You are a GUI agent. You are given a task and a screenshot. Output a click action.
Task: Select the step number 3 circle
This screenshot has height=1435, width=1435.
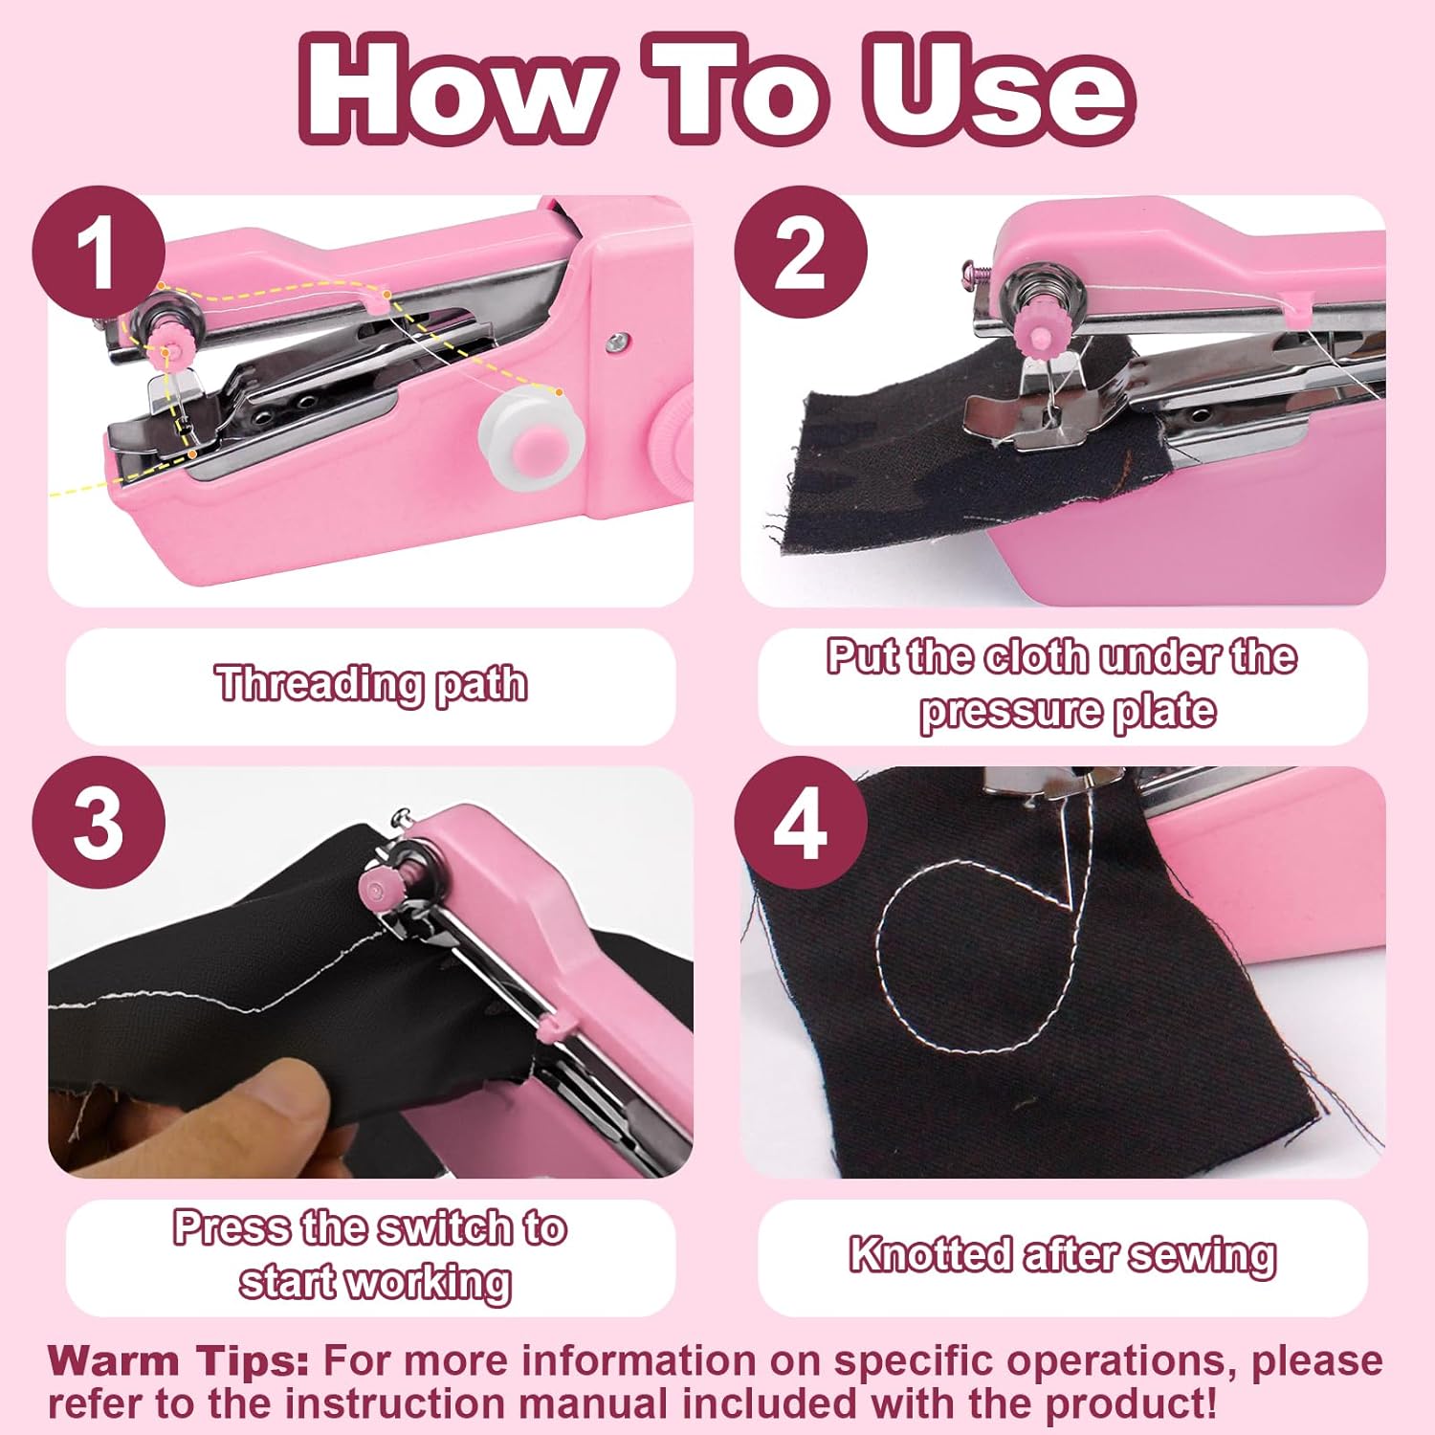tap(98, 823)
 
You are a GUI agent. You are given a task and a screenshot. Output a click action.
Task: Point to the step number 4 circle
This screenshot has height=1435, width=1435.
tap(800, 823)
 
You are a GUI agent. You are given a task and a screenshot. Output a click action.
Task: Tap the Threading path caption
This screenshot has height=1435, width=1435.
tap(371, 685)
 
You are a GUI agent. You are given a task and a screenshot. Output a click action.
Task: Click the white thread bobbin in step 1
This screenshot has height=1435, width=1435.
tap(532, 444)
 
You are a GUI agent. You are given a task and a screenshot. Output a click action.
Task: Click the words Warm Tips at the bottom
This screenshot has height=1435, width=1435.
tap(178, 1360)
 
